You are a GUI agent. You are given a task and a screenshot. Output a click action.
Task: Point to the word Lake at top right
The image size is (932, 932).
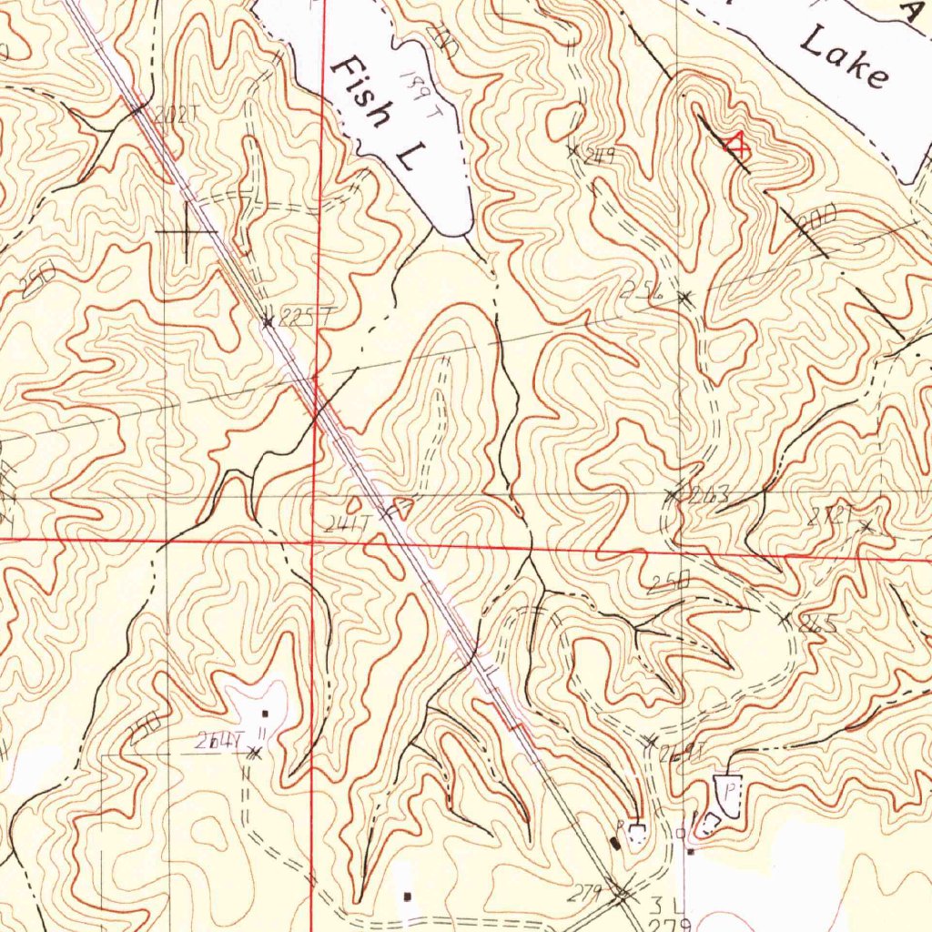(x=845, y=56)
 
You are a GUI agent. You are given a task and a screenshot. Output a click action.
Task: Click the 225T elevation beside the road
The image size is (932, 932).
(x=303, y=317)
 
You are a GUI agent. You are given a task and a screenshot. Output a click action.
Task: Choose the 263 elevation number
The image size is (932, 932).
(x=709, y=495)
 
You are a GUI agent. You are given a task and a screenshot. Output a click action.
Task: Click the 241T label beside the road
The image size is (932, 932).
(x=347, y=522)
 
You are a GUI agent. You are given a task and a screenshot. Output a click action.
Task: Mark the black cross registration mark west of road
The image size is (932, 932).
(x=187, y=232)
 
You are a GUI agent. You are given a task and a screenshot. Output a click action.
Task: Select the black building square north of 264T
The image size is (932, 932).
(x=265, y=713)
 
